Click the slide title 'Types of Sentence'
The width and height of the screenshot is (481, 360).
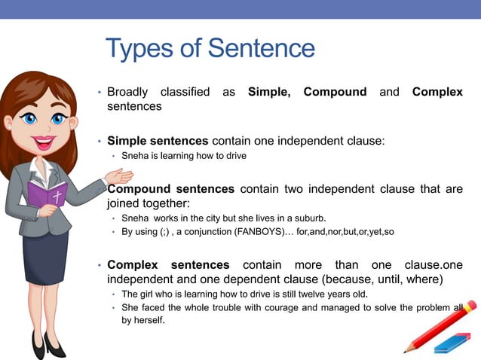(210, 49)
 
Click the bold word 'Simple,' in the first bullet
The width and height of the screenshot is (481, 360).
(269, 92)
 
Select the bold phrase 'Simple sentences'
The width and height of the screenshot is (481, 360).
(158, 140)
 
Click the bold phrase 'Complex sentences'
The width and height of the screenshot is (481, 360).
(168, 264)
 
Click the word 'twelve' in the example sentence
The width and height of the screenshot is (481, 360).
(314, 294)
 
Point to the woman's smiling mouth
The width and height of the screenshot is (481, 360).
(44, 141)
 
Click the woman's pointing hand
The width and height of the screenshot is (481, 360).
(119, 178)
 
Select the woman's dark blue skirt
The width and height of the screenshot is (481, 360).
(45, 256)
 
